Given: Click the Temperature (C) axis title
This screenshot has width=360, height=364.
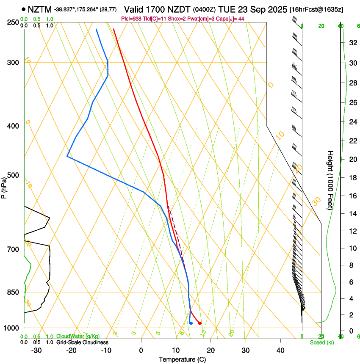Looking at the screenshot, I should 182,359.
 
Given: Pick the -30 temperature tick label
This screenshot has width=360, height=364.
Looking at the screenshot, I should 36,350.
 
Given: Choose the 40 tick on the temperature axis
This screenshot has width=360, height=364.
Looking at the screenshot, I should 280,350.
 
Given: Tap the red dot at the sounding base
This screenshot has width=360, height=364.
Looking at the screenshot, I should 200,323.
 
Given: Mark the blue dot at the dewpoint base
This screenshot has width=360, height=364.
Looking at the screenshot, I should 191,323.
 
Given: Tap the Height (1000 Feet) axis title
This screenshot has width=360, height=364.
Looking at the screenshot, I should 330,180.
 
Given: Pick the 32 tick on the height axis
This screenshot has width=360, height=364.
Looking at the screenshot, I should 352,43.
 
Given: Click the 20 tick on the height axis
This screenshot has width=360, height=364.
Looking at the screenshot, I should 352,159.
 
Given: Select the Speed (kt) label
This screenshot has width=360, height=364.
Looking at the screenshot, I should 321,342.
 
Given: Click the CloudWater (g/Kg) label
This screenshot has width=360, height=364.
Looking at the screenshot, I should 78,336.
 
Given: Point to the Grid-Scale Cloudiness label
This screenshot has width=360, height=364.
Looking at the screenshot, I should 82,342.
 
